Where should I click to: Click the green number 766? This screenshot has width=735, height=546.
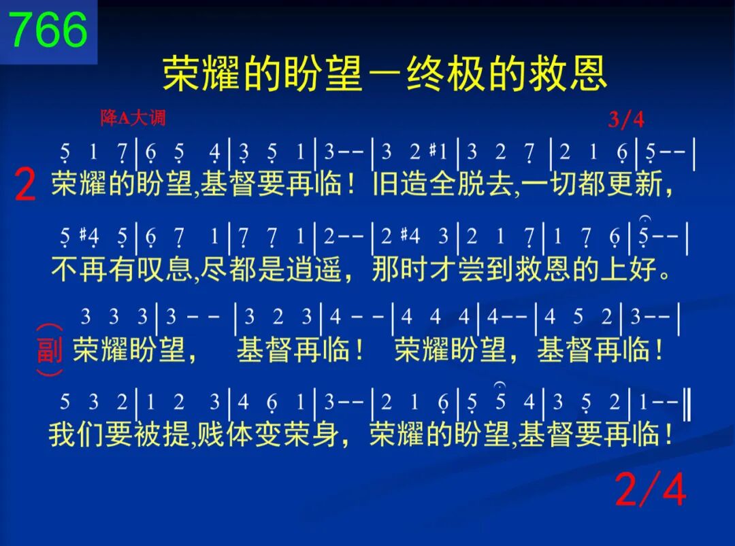pyautogui.click(x=48, y=29)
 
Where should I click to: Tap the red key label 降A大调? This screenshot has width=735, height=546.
pyautogui.click(x=133, y=118)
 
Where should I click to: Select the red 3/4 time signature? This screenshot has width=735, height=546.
pyautogui.click(x=626, y=120)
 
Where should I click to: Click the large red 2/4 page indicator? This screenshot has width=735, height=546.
pyautogui.click(x=650, y=489)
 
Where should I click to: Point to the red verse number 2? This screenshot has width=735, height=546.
pyautogui.click(x=25, y=184)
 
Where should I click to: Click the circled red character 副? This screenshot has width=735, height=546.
pyautogui.click(x=50, y=349)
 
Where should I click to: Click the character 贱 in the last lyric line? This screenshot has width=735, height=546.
pyautogui.click(x=210, y=434)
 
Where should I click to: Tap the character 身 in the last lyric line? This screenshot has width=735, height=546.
pyautogui.click(x=326, y=434)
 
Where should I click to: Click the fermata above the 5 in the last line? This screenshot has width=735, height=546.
pyautogui.click(x=500, y=386)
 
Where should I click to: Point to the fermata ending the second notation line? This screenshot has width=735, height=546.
pyautogui.click(x=645, y=219)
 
